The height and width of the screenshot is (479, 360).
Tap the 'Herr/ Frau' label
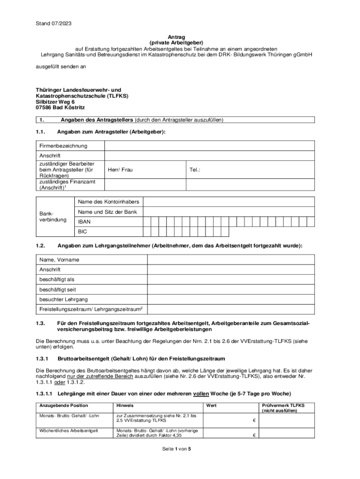[x=120, y=170]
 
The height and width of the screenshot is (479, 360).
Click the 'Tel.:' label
[x=195, y=170]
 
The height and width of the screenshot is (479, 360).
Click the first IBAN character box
[x=146, y=221]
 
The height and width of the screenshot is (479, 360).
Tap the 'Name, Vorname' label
[x=59, y=259]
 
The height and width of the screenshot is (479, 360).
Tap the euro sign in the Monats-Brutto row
[x=254, y=420]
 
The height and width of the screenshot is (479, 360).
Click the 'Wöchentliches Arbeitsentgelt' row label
[x=69, y=430]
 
